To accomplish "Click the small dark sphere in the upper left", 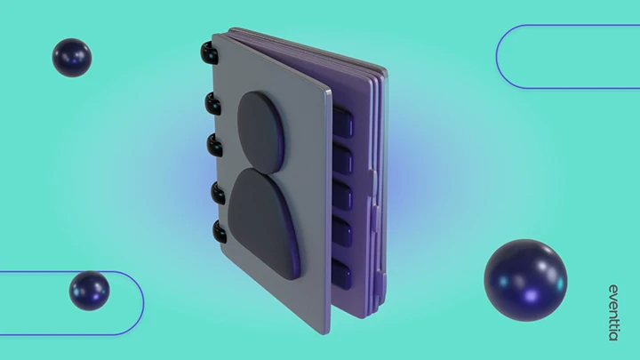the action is coord(72,58).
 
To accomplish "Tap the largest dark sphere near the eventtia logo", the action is coord(525,280).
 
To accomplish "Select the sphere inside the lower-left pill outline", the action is coord(90,291).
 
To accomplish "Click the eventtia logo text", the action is coord(613,313).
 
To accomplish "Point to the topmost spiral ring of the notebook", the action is coord(210,52).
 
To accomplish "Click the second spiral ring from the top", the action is coord(212,103).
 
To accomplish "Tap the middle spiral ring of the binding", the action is coord(214,145).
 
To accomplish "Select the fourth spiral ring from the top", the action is coord(218,193).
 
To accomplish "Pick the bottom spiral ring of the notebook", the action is coord(220,231).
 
